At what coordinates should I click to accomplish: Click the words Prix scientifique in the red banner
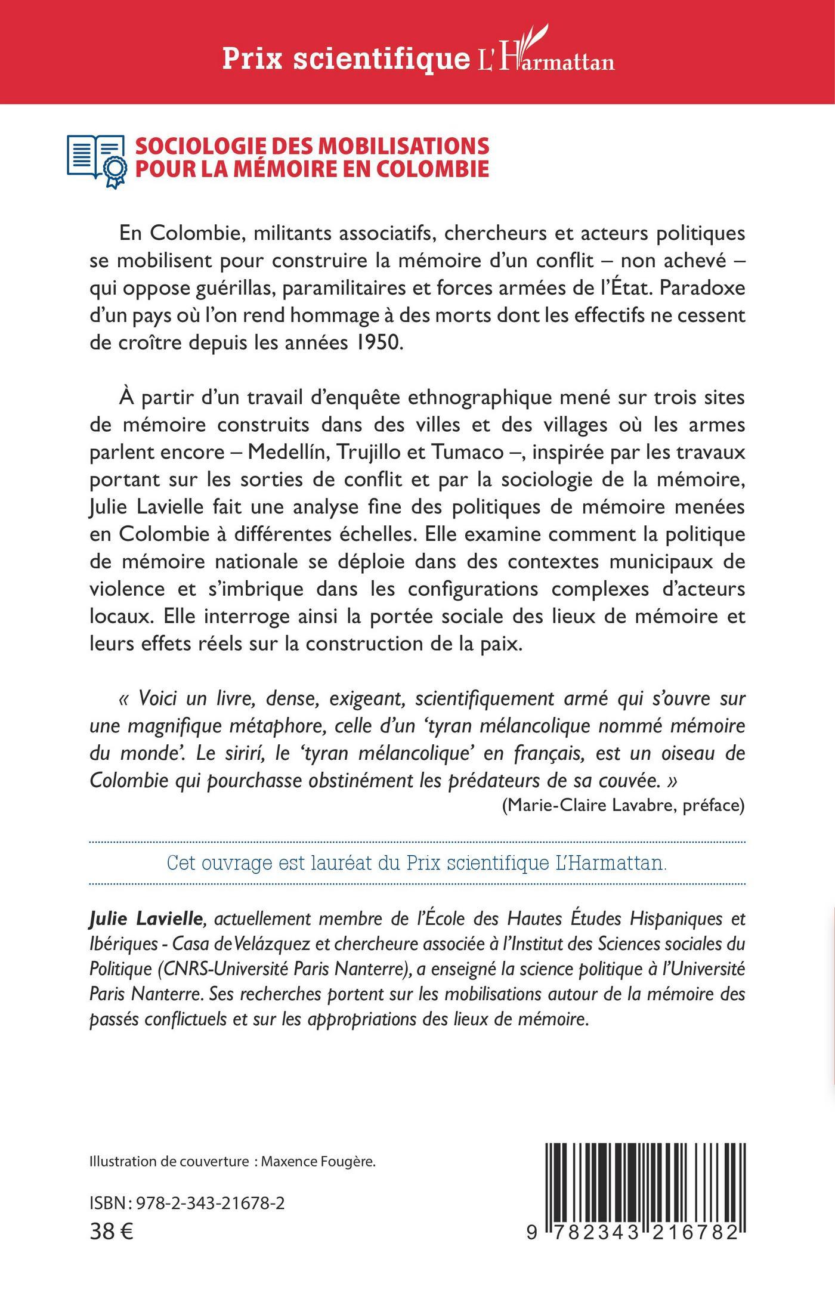346,59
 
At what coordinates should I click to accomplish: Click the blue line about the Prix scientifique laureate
416,863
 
